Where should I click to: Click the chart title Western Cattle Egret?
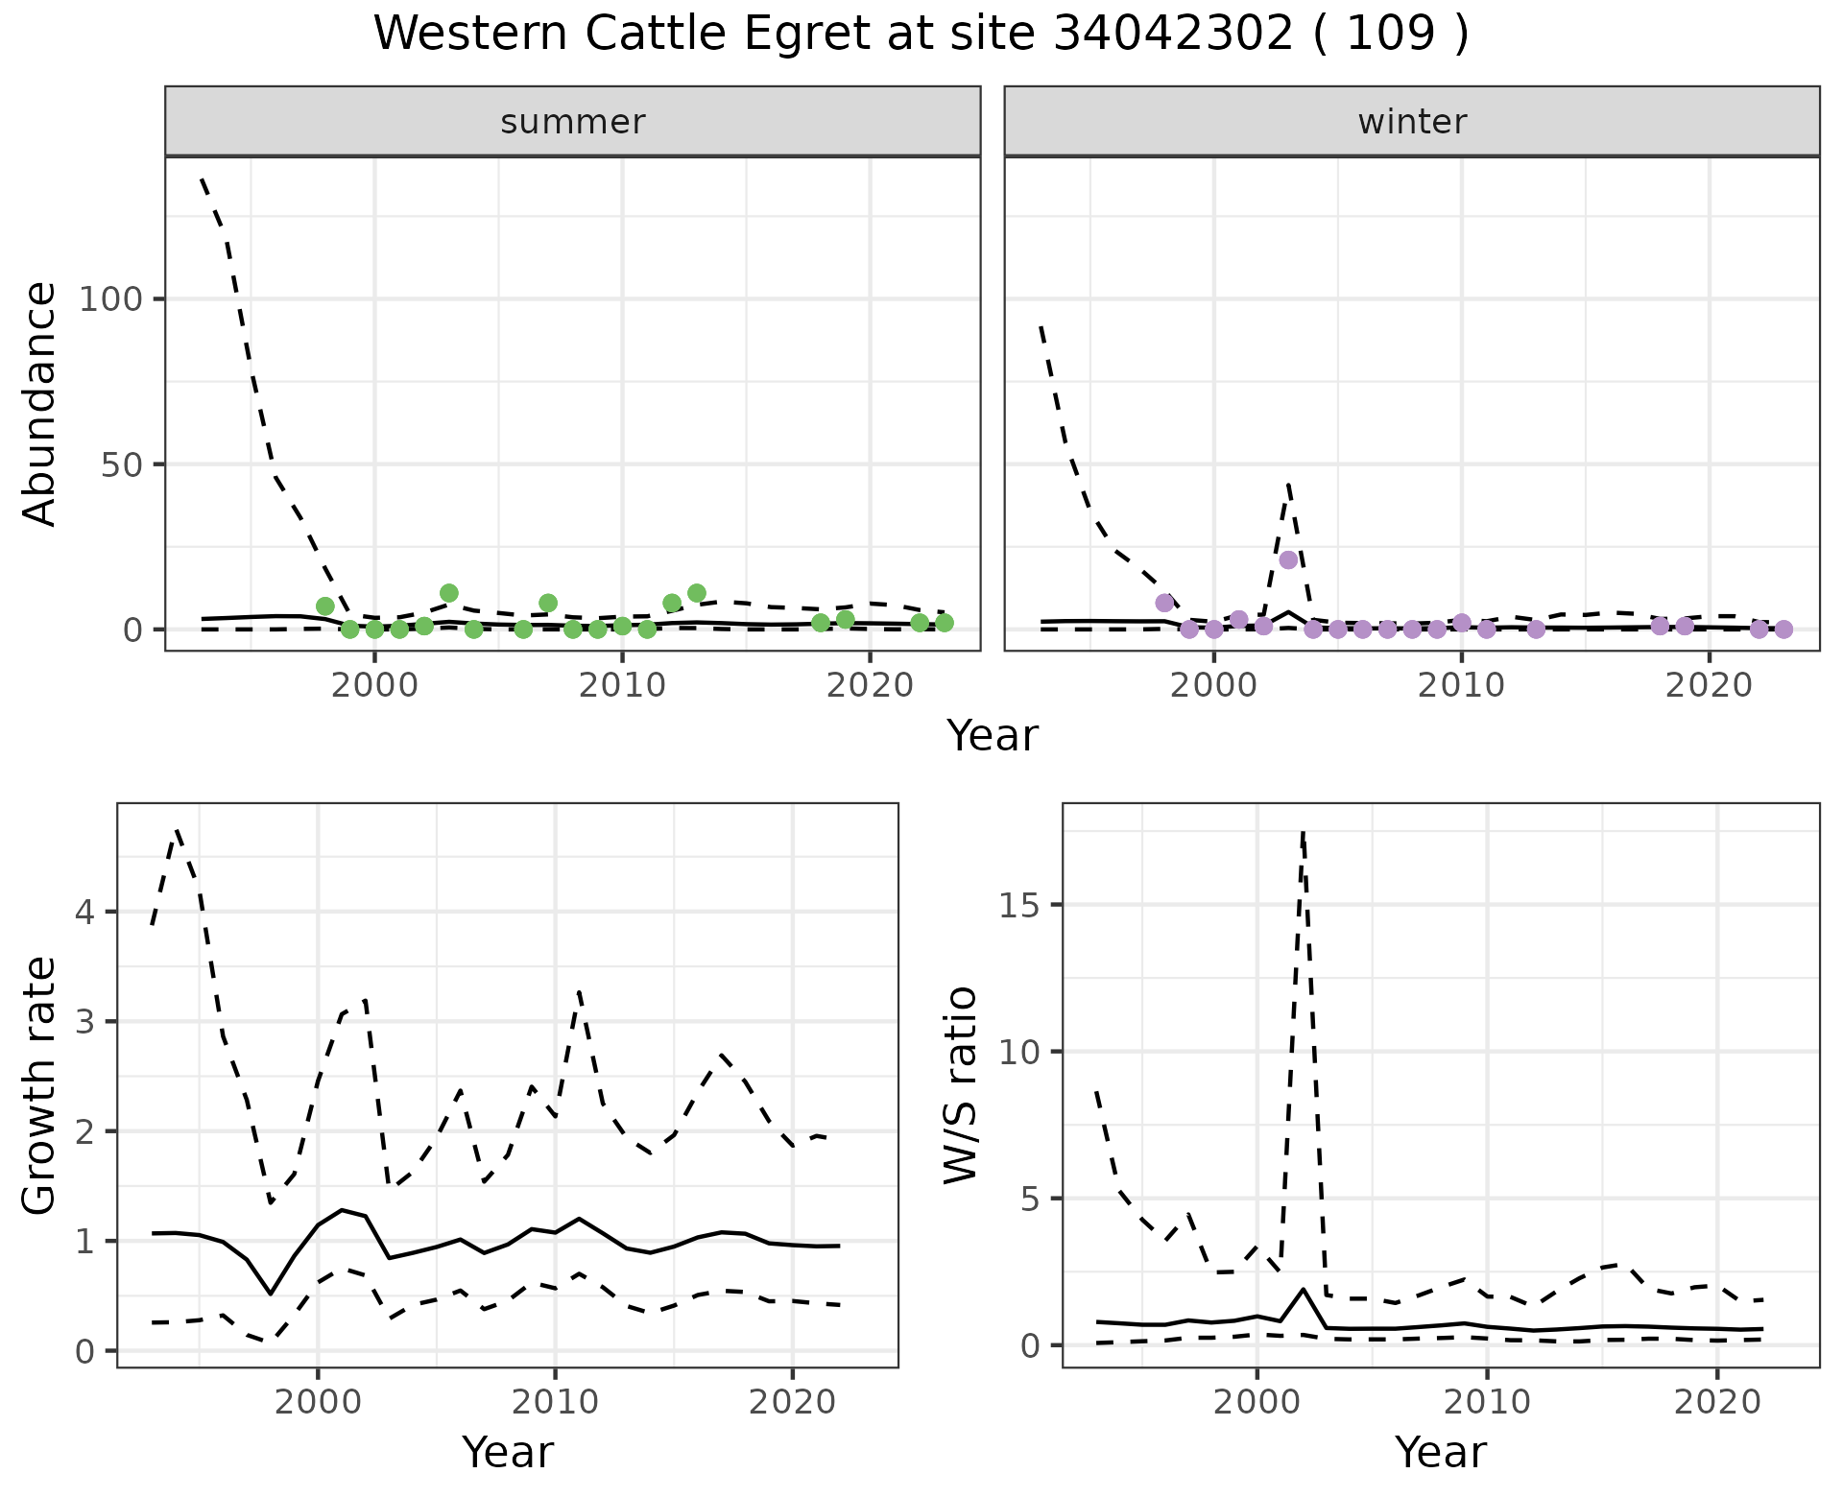[x=921, y=35]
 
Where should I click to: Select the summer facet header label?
[x=573, y=122]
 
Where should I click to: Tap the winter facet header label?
[x=1412, y=122]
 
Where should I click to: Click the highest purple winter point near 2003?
[x=1288, y=560]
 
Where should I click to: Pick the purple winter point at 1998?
[x=1164, y=603]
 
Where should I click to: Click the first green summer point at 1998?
[x=325, y=606]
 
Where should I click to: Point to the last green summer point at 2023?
[x=945, y=623]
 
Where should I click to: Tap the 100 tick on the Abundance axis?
[x=108, y=299]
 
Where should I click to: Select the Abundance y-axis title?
[x=40, y=404]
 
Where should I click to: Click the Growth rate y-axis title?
[x=40, y=1085]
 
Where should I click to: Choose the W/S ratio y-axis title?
[x=961, y=1085]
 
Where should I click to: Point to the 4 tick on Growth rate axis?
[x=84, y=912]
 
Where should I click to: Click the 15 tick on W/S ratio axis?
[x=1023, y=905]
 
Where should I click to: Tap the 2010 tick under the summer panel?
[x=622, y=686]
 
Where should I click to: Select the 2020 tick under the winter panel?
[x=1709, y=686]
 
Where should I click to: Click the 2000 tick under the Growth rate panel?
[x=317, y=1402]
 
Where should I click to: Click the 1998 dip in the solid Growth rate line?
[x=271, y=1293]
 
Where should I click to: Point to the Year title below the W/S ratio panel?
[x=1440, y=1452]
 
